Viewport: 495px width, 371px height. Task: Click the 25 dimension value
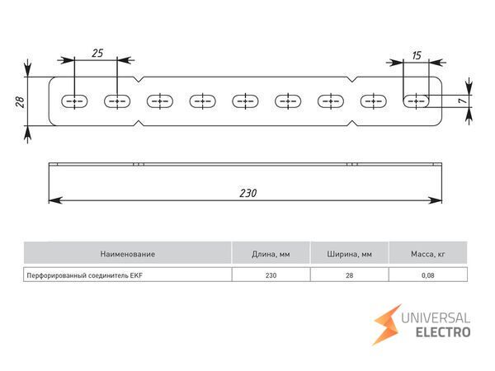tap(97, 53)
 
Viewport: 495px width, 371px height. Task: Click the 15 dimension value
tap(416, 55)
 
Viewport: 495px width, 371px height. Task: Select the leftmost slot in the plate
tap(74, 101)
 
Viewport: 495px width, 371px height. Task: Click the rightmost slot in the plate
tap(420, 101)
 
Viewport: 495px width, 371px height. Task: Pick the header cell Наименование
tap(127, 253)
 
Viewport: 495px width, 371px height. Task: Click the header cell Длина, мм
tap(271, 253)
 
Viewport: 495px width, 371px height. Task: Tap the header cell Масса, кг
tap(428, 253)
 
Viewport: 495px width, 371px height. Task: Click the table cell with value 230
tap(271, 275)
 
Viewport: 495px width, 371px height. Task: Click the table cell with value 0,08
tap(428, 275)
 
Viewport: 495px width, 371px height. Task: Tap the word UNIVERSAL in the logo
tap(435, 317)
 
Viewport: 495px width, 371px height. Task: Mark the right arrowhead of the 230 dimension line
tap(438, 200)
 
